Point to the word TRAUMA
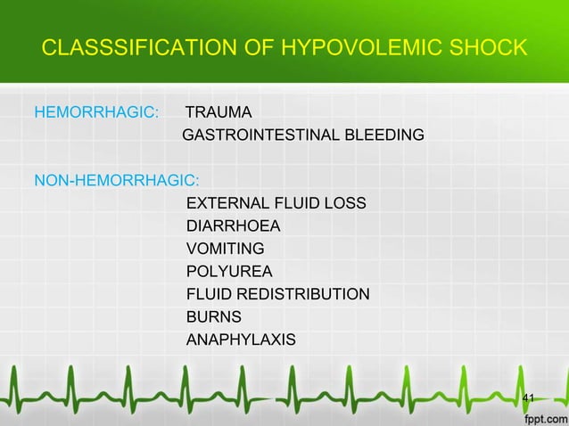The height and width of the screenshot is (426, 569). (218, 113)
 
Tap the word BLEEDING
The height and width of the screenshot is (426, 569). (379, 136)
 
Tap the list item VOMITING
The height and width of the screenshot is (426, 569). (225, 250)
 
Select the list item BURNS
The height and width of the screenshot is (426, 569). (213, 316)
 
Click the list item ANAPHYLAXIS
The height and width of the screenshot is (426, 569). (241, 340)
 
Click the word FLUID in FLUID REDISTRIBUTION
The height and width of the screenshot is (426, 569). (208, 294)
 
